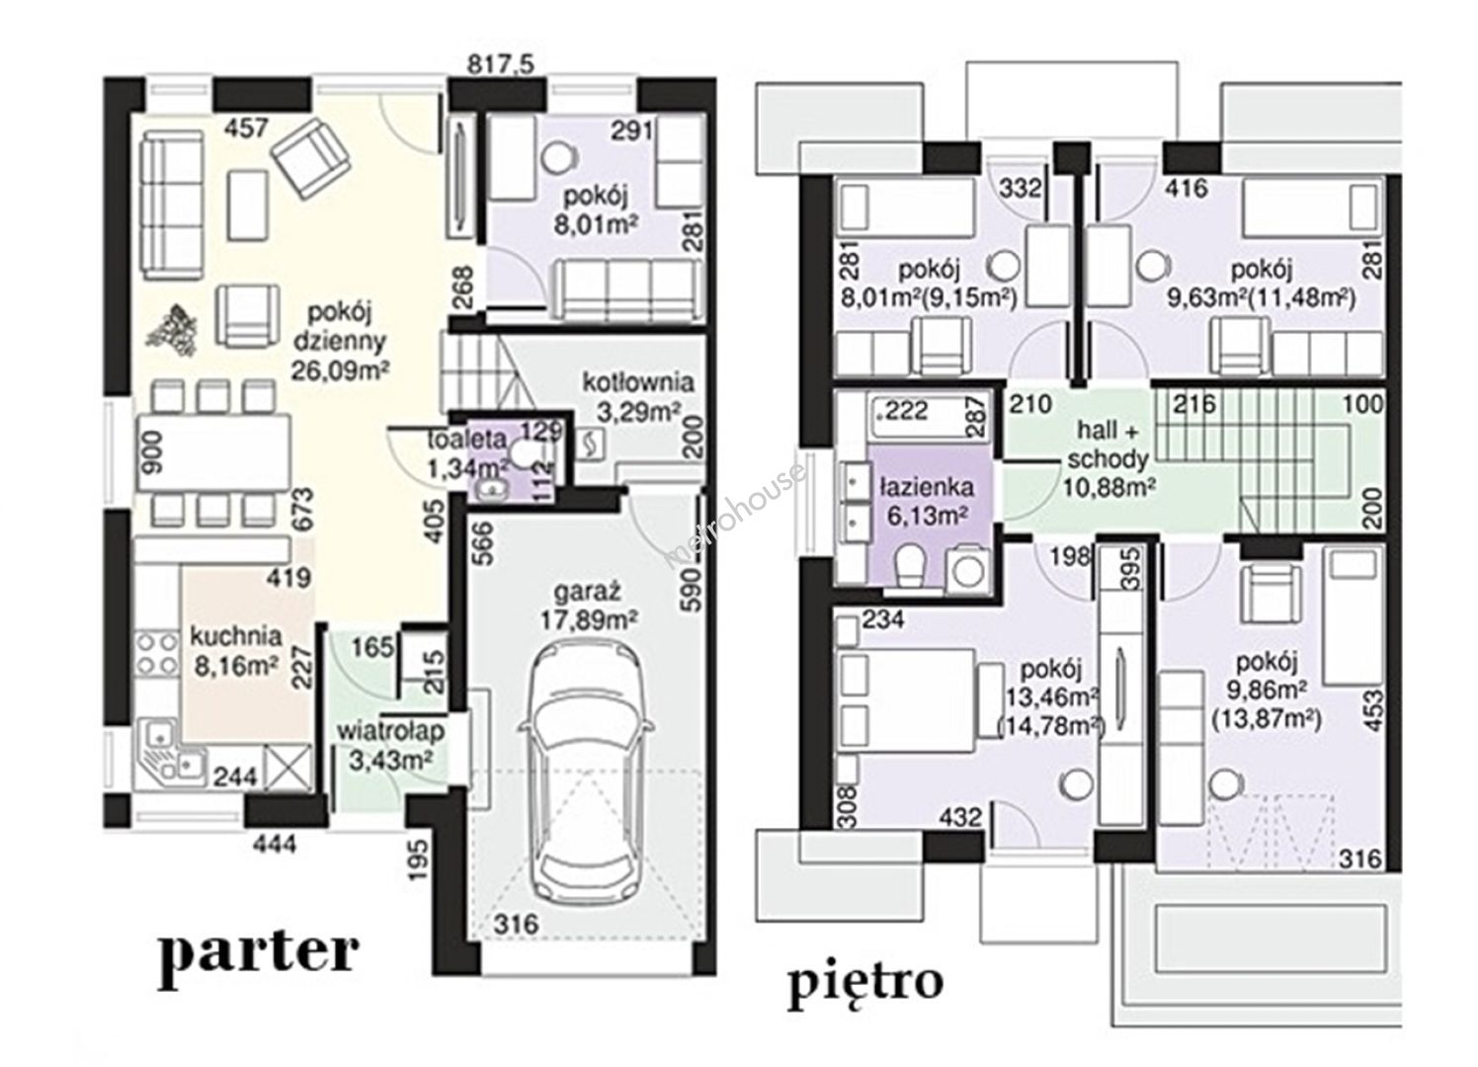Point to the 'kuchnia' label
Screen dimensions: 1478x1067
pyautogui.click(x=235, y=636)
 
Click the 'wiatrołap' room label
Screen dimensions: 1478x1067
pyautogui.click(x=391, y=731)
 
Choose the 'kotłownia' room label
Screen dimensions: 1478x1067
pyautogui.click(x=638, y=382)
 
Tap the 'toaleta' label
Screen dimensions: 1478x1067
pyautogui.click(x=466, y=438)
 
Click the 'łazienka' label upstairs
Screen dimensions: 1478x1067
pyautogui.click(x=927, y=487)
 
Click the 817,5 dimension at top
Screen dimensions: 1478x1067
pyautogui.click(x=500, y=64)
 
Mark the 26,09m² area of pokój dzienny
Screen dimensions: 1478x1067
pyautogui.click(x=340, y=370)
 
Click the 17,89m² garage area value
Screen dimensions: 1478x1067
pyautogui.click(x=589, y=619)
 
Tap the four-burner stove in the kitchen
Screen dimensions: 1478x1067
pyautogui.click(x=156, y=654)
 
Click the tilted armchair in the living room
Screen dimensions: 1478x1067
pyautogui.click(x=311, y=159)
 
